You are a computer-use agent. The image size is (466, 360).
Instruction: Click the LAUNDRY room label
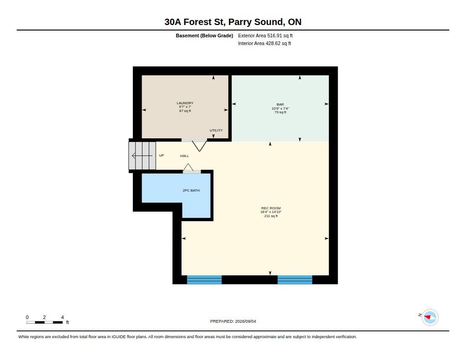[185, 103]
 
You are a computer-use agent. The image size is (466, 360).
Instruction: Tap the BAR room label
[280, 104]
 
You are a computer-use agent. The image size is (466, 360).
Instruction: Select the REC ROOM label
[271, 208]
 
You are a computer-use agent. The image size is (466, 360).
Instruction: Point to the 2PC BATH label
[191, 190]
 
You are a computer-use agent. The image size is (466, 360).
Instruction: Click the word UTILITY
[216, 130]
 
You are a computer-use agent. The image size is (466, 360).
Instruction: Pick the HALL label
[184, 156]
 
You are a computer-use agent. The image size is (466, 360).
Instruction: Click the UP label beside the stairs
[162, 155]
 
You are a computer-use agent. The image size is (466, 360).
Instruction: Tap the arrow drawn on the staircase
[142, 156]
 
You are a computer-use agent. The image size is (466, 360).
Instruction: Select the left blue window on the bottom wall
[204, 280]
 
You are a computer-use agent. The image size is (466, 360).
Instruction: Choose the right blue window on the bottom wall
[295, 280]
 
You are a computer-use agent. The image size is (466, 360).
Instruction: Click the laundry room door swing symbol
[199, 146]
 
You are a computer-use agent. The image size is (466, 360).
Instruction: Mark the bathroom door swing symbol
[188, 167]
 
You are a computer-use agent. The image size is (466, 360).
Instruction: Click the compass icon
[430, 318]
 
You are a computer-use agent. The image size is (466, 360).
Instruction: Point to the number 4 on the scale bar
[62, 317]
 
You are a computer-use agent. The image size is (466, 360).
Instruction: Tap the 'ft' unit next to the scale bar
[67, 322]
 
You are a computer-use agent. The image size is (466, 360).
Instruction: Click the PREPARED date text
[233, 321]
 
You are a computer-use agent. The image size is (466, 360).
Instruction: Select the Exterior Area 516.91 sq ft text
[265, 35]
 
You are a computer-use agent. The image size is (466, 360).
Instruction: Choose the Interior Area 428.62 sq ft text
[264, 43]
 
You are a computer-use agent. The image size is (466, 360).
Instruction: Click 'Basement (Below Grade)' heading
[204, 35]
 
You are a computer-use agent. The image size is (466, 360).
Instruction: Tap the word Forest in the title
[198, 22]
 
